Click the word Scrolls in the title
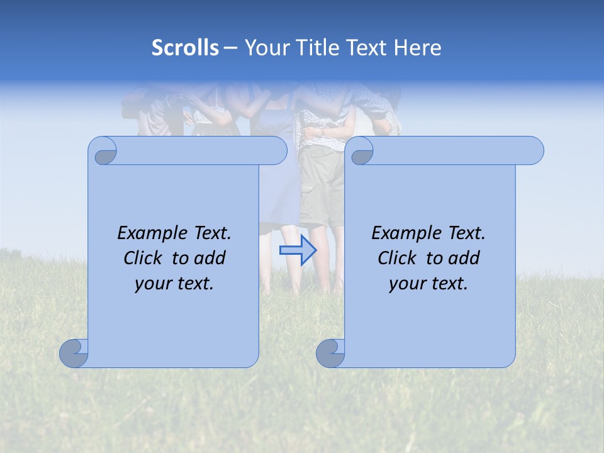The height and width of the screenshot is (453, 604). click(185, 48)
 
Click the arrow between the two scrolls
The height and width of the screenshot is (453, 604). click(298, 250)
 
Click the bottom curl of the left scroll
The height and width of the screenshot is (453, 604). click(74, 353)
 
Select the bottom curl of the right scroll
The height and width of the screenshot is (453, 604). click(331, 353)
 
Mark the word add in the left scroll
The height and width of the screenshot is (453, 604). click(209, 258)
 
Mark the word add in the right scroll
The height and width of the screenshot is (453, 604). click(463, 258)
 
